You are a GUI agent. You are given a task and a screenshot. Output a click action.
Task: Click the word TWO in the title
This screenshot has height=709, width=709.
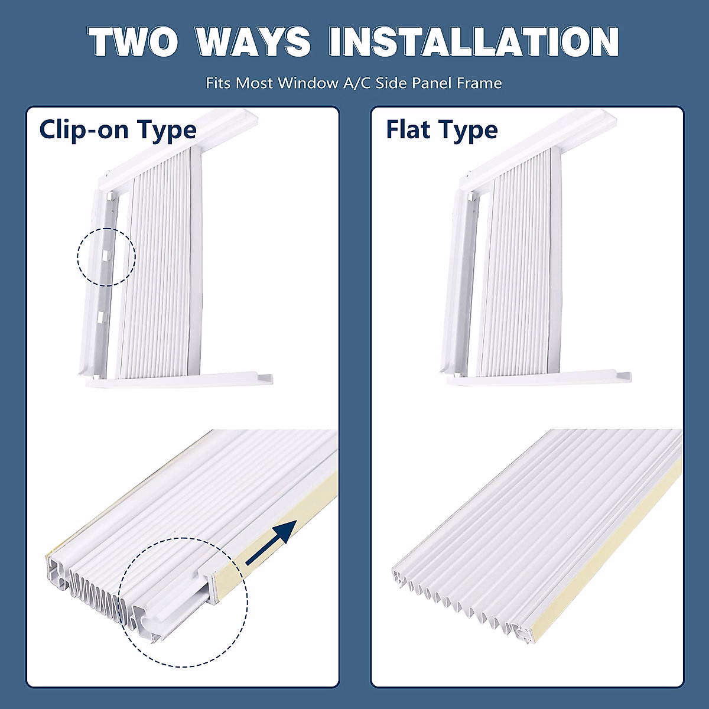click(134, 41)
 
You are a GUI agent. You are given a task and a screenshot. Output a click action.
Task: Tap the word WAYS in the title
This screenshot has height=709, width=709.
click(253, 41)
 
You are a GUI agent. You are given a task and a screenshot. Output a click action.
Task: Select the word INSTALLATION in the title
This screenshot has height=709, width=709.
click(473, 41)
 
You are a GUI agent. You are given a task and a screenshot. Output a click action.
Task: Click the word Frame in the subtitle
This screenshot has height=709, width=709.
click(479, 83)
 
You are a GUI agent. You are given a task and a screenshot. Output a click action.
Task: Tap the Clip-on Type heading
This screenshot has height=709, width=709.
click(118, 129)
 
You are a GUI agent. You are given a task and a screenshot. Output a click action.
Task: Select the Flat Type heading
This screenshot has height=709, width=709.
click(441, 130)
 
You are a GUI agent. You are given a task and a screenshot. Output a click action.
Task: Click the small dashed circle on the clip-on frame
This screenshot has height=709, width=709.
click(106, 257)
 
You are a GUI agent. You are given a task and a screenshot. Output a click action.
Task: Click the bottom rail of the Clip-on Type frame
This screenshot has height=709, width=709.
click(177, 379)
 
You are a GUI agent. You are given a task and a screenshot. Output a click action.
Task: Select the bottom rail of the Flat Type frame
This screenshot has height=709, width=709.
click(538, 378)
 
